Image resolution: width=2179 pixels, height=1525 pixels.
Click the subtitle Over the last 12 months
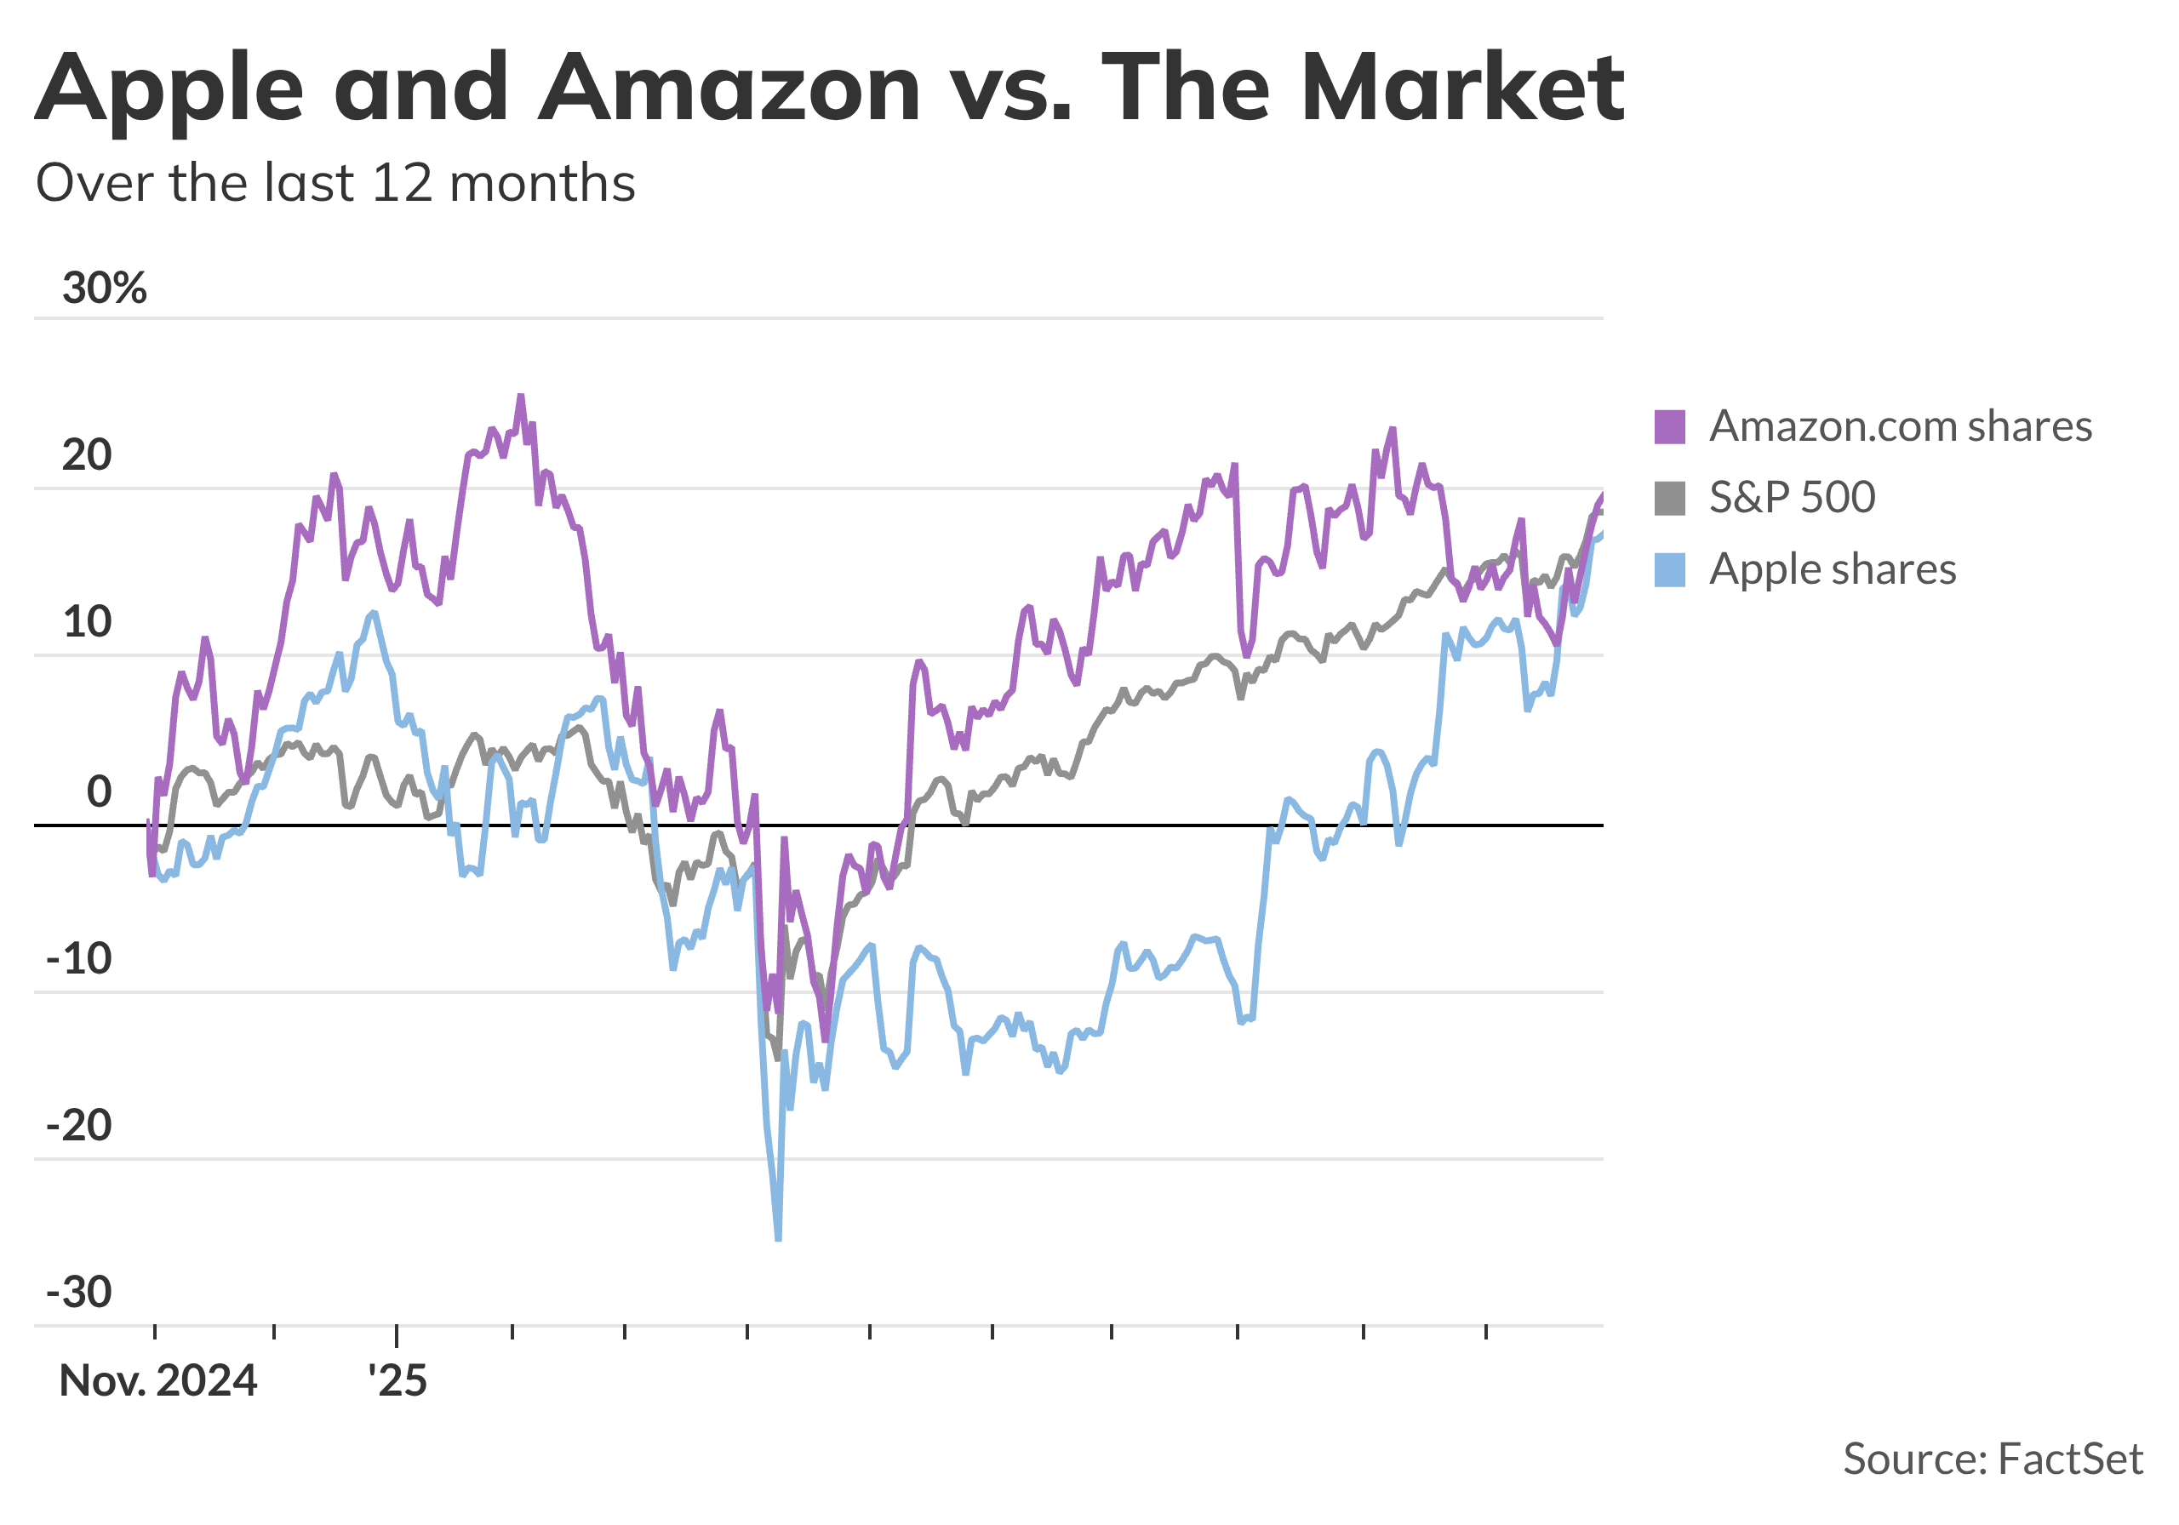click(335, 182)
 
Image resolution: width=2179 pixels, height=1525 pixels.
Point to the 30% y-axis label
click(105, 288)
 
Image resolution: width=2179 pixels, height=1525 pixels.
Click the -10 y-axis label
click(79, 959)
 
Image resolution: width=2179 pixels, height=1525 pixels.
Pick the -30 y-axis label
click(79, 1293)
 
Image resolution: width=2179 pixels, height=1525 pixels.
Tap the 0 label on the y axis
click(99, 791)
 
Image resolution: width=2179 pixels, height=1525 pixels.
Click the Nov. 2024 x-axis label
click(157, 1381)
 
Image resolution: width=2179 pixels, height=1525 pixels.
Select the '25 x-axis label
click(397, 1381)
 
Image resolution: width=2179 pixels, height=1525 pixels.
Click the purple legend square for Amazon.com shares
click(1669, 427)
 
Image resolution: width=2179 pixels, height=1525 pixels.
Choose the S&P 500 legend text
click(1792, 497)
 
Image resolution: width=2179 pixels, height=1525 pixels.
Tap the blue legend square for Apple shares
click(1669, 570)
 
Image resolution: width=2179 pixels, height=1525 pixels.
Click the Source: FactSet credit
click(1992, 1459)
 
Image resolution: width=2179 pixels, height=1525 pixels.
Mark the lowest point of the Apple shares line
click(778, 1238)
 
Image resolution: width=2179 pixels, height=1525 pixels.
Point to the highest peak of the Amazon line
click(520, 397)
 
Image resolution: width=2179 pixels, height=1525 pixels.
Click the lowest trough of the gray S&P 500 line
click(776, 1057)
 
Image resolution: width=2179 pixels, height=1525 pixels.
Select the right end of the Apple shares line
click(1602, 534)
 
